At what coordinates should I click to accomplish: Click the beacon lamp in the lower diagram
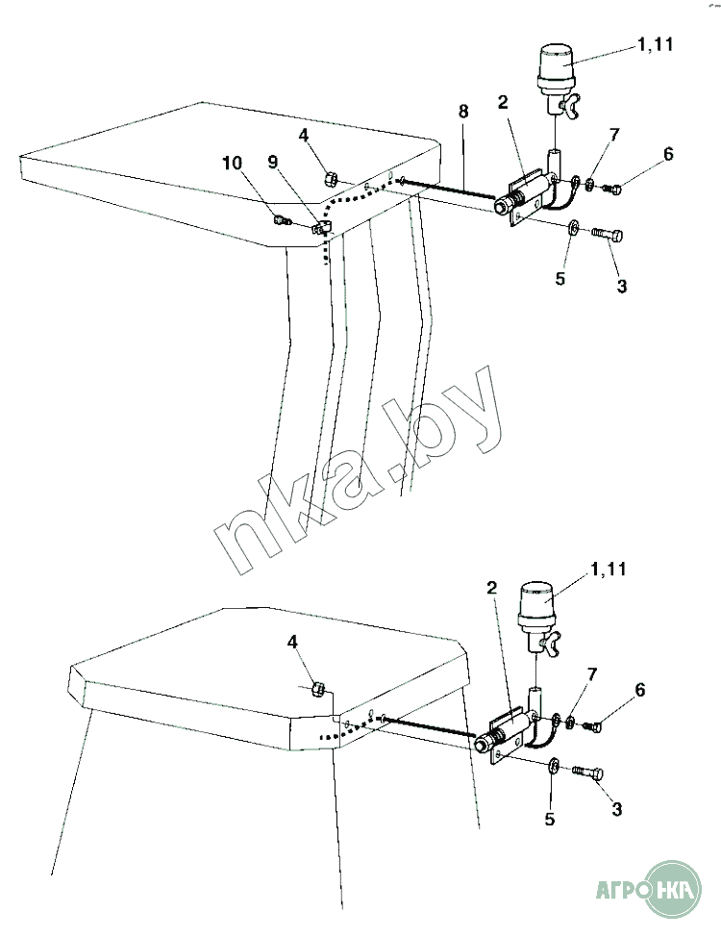535,618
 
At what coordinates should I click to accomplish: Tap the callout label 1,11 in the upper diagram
656,44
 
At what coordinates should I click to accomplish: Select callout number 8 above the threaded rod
463,112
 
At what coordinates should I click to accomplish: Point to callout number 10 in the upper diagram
233,163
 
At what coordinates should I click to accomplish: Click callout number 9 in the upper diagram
273,163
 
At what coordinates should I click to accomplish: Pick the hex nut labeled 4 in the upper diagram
330,178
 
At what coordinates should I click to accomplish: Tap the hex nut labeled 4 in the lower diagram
318,689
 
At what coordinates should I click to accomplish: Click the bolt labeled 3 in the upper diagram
607,235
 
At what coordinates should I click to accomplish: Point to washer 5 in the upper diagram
573,227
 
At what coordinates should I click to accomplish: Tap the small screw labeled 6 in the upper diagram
610,189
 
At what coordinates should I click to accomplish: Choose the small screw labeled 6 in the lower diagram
591,726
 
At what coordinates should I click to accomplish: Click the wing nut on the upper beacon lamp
567,107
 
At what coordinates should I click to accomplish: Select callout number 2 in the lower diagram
491,588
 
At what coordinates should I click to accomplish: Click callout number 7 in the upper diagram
615,136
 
